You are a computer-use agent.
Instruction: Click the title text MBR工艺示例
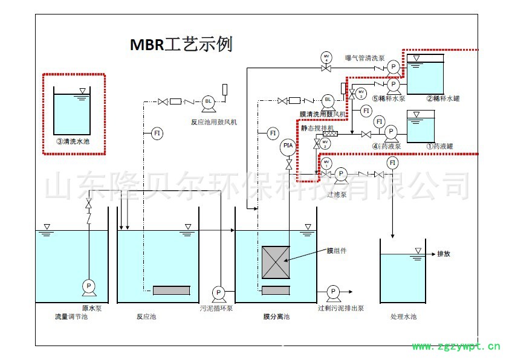[x=181, y=45]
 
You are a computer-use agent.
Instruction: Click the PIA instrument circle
[x=288, y=146]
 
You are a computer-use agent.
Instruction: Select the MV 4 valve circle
[x=327, y=58]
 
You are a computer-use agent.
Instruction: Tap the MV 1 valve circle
[x=327, y=163]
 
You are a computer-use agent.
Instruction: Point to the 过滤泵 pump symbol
[x=340, y=174]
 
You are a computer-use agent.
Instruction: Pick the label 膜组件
[x=337, y=250]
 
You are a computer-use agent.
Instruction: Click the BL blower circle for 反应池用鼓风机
[x=209, y=101]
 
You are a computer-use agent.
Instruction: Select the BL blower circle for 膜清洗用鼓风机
[x=328, y=100]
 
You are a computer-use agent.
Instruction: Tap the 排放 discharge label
[x=444, y=254]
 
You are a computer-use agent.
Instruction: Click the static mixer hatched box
[x=330, y=133]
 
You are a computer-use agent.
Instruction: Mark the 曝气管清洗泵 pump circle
[x=393, y=66]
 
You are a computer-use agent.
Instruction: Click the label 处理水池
[x=403, y=317]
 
